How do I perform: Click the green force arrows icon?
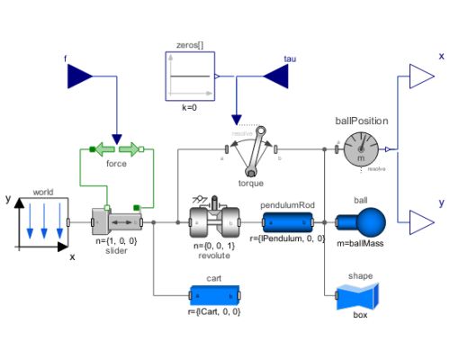tap(116, 148)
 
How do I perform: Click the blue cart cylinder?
tap(214, 294)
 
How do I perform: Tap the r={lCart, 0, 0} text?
tap(214, 311)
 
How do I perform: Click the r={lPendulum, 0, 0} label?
tap(287, 238)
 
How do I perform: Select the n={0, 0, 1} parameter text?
tap(214, 244)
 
